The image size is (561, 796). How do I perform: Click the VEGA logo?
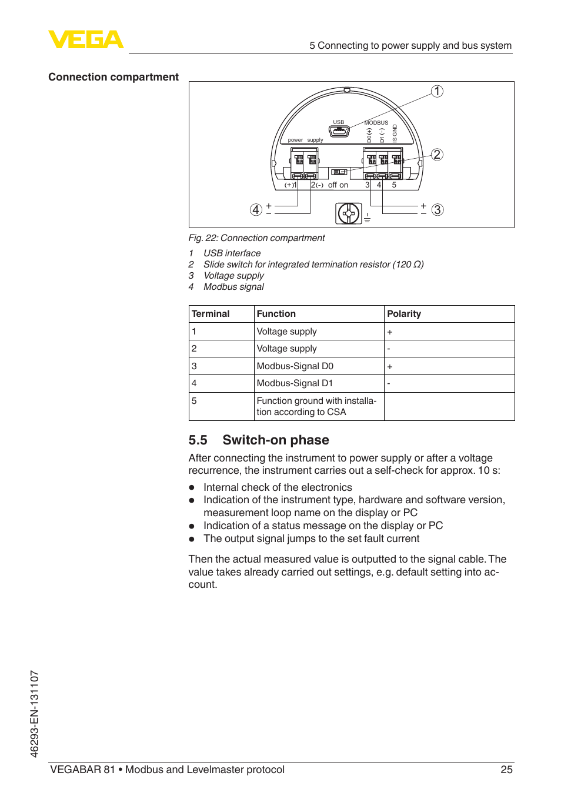(86, 39)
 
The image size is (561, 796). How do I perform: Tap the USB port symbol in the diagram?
(339, 131)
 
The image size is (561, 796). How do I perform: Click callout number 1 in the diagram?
(437, 91)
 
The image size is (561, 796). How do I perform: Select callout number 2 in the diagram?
(437, 155)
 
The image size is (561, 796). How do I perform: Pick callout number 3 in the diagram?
(438, 210)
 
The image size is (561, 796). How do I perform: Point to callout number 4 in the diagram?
(256, 210)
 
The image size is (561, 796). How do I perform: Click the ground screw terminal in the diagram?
(349, 213)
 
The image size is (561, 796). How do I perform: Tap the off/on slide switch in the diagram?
(339, 172)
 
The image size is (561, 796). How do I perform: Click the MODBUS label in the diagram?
(376, 123)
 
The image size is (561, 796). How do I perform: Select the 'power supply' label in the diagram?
(305, 140)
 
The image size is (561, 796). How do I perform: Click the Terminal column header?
(211, 314)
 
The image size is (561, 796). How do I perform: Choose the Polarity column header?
(404, 314)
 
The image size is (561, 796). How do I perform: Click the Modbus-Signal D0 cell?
(295, 366)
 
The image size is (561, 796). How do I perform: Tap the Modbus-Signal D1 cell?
(295, 383)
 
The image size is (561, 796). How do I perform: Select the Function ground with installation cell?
(316, 406)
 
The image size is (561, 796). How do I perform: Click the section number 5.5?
(198, 440)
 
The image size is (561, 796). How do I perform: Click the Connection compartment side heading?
(113, 77)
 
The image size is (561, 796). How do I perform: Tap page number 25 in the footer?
(506, 770)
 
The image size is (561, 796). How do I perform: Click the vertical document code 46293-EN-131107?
(35, 714)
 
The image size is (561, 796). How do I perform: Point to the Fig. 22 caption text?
(256, 238)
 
